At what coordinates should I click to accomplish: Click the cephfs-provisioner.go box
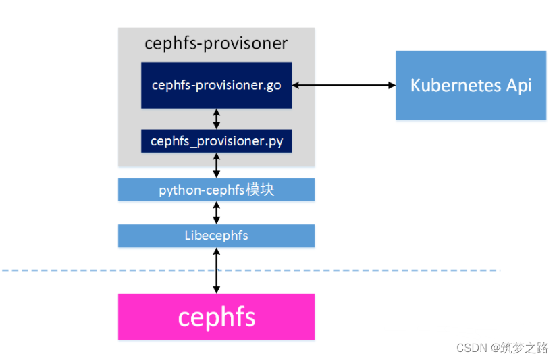point(216,85)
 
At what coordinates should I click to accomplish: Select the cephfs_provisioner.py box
point(216,140)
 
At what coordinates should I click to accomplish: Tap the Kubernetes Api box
point(471,85)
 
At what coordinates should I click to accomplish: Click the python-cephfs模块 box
point(216,190)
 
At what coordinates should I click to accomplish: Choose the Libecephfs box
point(216,236)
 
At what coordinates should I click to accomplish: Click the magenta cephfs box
point(216,317)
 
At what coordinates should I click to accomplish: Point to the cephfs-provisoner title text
point(216,44)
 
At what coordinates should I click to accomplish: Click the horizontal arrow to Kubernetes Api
point(344,85)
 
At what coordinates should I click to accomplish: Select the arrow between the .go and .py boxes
point(217,119)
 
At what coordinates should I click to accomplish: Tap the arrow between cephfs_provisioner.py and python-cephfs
point(217,165)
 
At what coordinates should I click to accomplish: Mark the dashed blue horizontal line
point(101,271)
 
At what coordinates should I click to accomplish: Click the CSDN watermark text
point(473,348)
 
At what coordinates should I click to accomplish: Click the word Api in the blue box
point(518,85)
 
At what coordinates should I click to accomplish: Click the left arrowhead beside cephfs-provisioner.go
point(296,85)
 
